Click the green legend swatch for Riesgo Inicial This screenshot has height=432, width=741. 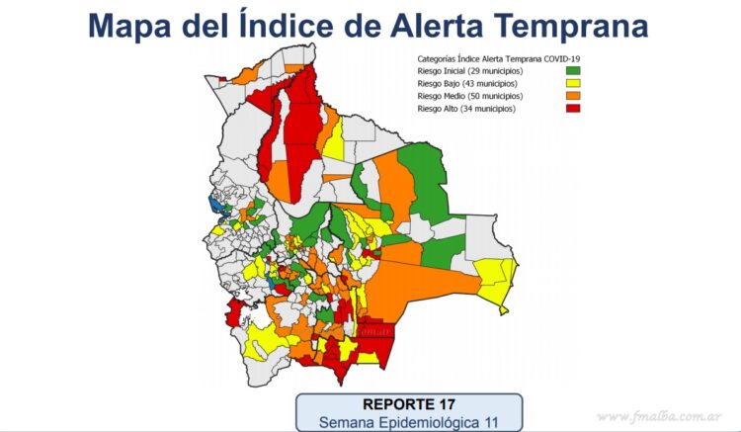572,71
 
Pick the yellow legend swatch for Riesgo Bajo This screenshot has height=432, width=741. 572,84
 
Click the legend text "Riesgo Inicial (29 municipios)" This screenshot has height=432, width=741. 469,71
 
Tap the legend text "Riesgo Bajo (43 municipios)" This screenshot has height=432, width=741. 466,84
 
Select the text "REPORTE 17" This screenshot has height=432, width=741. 409,404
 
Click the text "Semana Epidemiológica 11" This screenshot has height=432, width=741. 409,422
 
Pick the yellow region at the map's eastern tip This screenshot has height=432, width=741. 496,276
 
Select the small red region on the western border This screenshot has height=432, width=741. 235,314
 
